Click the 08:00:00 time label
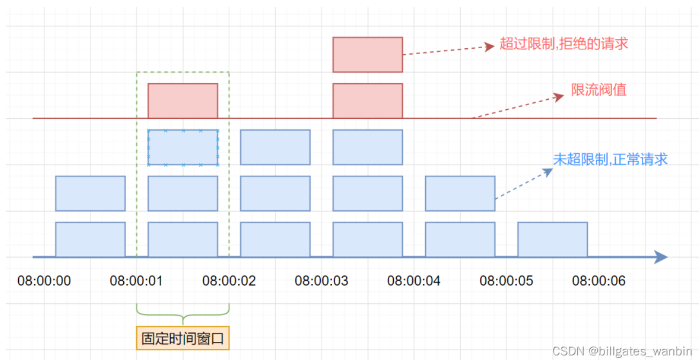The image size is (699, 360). tap(44, 281)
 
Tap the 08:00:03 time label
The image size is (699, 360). tap(321, 281)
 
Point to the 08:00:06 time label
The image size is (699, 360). tap(599, 281)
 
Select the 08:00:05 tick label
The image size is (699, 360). tap(506, 281)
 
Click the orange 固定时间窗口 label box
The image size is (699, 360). tap(183, 338)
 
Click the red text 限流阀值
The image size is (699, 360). tap(598, 89)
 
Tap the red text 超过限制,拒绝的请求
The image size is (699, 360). tap(563, 44)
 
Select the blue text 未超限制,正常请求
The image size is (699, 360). tap(610, 159)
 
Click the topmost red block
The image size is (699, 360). tap(367, 54)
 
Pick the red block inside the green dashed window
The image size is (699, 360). tap(183, 101)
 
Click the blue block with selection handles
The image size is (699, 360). tap(183, 147)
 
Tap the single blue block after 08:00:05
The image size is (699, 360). tap(552, 239)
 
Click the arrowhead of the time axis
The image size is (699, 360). tap(661, 258)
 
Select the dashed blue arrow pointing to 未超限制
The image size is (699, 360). tap(524, 184)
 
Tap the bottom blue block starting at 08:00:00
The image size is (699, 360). tap(90, 239)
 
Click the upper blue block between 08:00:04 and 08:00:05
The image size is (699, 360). tap(460, 193)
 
